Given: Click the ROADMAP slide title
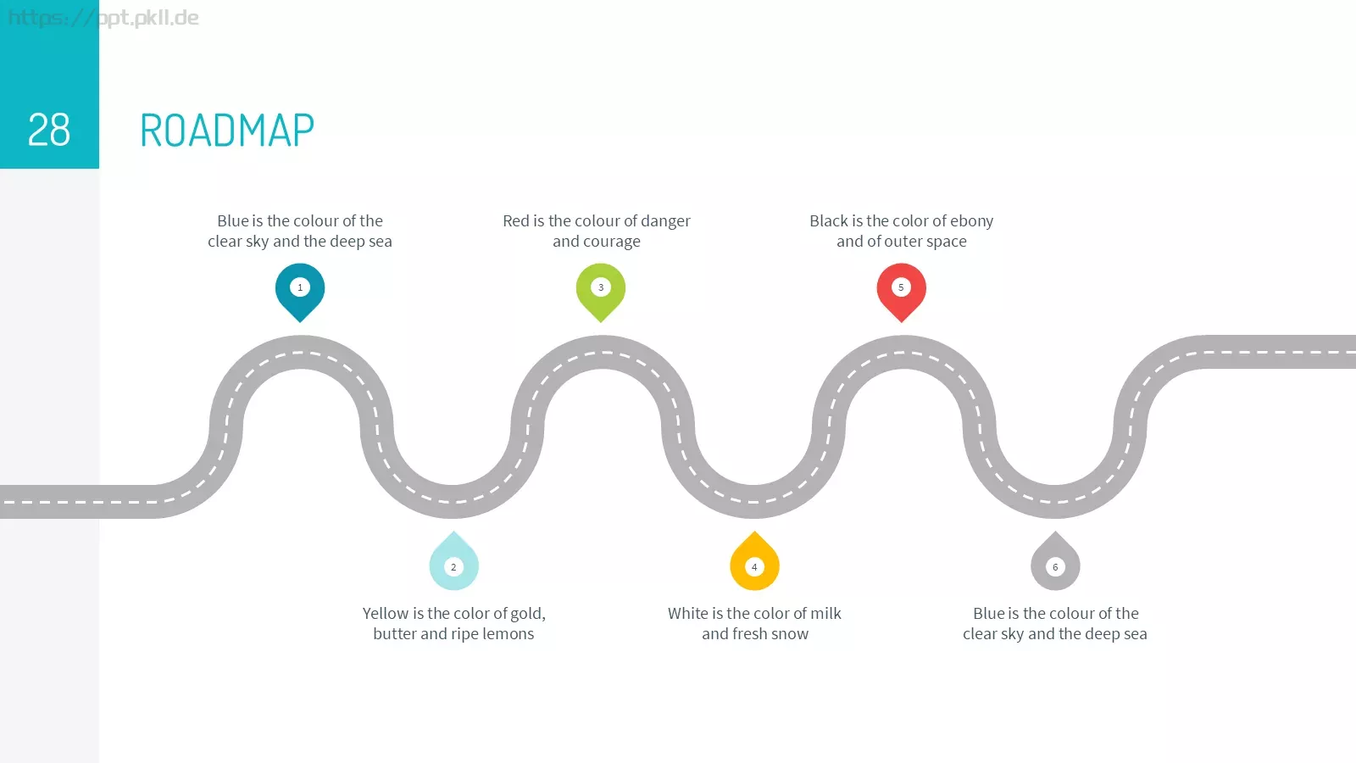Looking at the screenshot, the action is (x=227, y=130).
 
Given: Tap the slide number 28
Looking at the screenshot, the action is (x=49, y=130).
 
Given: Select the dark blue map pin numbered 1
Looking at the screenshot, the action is (x=300, y=292).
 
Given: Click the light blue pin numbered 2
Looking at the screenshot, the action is (x=453, y=561).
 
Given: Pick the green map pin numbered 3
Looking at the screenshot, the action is (x=601, y=292).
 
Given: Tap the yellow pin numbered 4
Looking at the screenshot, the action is (x=754, y=561).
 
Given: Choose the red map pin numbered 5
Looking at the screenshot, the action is (x=902, y=292).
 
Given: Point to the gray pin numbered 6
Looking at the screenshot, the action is (x=1055, y=561).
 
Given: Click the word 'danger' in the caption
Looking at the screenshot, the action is (x=665, y=221).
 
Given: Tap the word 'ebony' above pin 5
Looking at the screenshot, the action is (x=971, y=221).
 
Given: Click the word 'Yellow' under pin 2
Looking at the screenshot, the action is (x=386, y=614).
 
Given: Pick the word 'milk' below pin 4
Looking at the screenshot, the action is (x=825, y=614).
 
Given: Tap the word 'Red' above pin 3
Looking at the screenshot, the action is (x=516, y=221).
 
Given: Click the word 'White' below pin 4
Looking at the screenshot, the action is (x=687, y=614).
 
